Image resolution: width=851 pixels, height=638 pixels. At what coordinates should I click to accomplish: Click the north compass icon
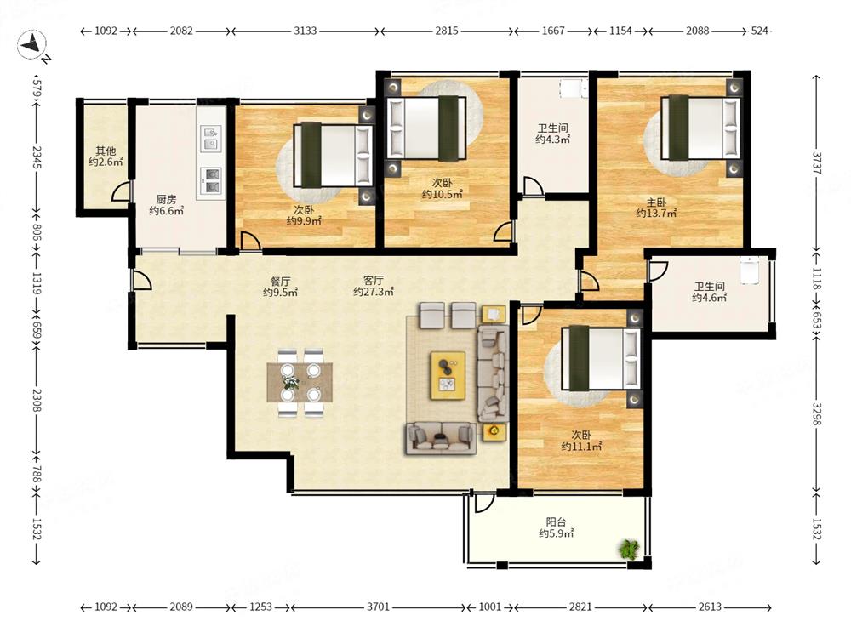click(31, 45)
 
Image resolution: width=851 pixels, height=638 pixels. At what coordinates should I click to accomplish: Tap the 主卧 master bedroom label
click(655, 202)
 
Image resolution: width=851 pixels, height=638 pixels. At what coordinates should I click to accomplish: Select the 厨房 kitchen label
click(166, 200)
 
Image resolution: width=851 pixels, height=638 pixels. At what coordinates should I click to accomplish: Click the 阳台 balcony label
click(556, 522)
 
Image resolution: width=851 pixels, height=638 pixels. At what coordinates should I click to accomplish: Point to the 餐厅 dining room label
click(280, 281)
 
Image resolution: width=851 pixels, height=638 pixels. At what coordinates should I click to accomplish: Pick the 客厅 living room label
click(374, 281)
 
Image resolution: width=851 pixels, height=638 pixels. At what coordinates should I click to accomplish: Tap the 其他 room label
click(106, 151)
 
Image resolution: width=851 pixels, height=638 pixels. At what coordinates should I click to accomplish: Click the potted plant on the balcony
click(629, 549)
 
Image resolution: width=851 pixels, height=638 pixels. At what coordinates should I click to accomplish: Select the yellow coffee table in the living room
click(448, 375)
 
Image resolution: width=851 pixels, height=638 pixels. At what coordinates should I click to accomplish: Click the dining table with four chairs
click(300, 383)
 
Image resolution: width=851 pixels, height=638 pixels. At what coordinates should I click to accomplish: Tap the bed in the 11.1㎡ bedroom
click(600, 358)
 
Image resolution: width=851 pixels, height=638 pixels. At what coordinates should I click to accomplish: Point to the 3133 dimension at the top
click(305, 31)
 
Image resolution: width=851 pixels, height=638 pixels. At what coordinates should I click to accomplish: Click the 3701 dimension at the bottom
click(378, 607)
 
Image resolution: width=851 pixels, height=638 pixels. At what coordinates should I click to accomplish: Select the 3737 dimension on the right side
click(817, 162)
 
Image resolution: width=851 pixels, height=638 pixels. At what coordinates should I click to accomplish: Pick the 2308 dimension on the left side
click(36, 399)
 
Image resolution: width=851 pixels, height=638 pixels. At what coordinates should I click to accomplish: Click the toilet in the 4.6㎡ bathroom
click(750, 271)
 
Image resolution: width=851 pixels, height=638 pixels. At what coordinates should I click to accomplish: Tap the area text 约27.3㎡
click(374, 293)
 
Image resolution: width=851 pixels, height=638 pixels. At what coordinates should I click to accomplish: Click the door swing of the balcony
click(484, 503)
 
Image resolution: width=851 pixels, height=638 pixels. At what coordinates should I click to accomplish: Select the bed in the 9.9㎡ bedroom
click(334, 156)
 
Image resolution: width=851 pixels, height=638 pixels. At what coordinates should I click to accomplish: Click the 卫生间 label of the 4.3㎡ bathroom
click(552, 128)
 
